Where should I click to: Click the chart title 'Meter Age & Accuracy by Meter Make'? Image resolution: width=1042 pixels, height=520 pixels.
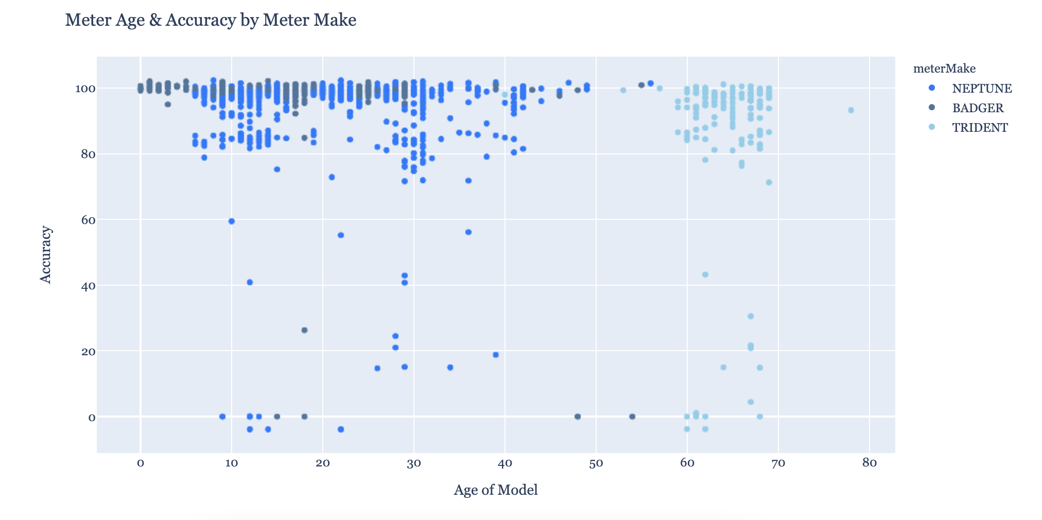211,20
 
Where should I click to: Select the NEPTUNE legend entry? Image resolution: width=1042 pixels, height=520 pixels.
981,89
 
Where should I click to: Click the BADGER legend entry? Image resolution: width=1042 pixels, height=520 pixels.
978,108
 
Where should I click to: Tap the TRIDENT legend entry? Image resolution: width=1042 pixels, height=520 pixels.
980,128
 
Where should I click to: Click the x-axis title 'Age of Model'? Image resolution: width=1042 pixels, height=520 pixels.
496,490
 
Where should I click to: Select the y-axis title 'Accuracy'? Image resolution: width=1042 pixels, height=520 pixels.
46,254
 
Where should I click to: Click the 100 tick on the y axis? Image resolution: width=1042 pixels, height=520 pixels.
84,89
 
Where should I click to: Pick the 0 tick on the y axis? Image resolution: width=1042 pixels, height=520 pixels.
91,418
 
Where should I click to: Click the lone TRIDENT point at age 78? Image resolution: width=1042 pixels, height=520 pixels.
850,110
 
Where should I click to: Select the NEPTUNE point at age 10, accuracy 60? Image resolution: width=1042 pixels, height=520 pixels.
232,221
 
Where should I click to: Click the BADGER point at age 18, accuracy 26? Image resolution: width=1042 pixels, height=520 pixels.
304,330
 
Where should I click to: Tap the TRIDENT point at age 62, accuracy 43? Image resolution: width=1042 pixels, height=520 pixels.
705,274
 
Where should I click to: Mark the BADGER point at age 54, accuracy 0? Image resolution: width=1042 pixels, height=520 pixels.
632,417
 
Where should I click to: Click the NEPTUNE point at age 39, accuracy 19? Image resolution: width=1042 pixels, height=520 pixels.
496,355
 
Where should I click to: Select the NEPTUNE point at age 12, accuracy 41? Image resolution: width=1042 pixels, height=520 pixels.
250,282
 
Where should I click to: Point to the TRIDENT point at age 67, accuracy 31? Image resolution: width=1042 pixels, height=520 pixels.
751,316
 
